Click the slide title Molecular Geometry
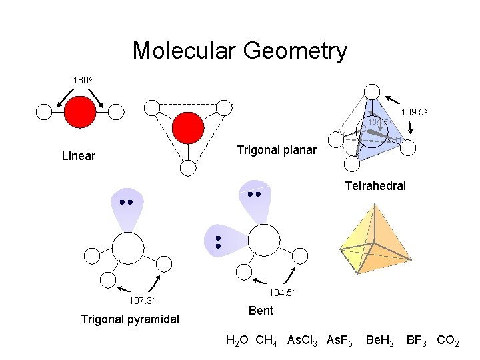pos(239,51)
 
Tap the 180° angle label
pos(83,80)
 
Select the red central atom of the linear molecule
pos(80,111)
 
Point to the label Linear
pos(78,156)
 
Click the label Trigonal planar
pos(277,150)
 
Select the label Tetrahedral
pos(375,186)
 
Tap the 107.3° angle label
pos(143,301)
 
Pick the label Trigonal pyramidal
pos(130,319)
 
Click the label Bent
pos(260,310)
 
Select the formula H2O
pos(237,341)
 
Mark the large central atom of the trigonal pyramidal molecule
pos(128,248)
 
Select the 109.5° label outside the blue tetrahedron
pos(414,112)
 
